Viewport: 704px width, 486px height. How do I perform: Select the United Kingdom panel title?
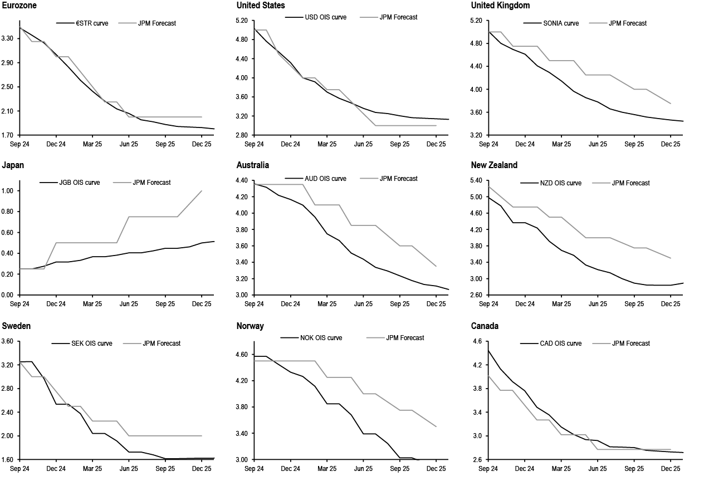click(x=500, y=6)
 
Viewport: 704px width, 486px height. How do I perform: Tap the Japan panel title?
click(x=13, y=165)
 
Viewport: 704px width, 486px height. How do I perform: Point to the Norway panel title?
click(x=250, y=326)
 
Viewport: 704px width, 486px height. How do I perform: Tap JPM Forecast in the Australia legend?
click(x=398, y=179)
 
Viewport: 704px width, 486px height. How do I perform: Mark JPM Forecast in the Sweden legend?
click(x=162, y=343)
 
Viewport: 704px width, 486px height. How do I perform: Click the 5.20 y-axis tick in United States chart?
click(x=242, y=21)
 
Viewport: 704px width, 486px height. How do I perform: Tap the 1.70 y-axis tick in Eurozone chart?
click(x=7, y=135)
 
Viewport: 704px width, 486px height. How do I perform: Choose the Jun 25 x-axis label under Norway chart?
click(x=363, y=469)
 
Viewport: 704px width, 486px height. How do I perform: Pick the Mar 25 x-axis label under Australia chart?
click(x=327, y=304)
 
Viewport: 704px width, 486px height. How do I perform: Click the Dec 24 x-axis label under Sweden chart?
click(x=56, y=469)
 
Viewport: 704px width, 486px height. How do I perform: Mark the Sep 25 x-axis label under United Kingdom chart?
click(x=634, y=144)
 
